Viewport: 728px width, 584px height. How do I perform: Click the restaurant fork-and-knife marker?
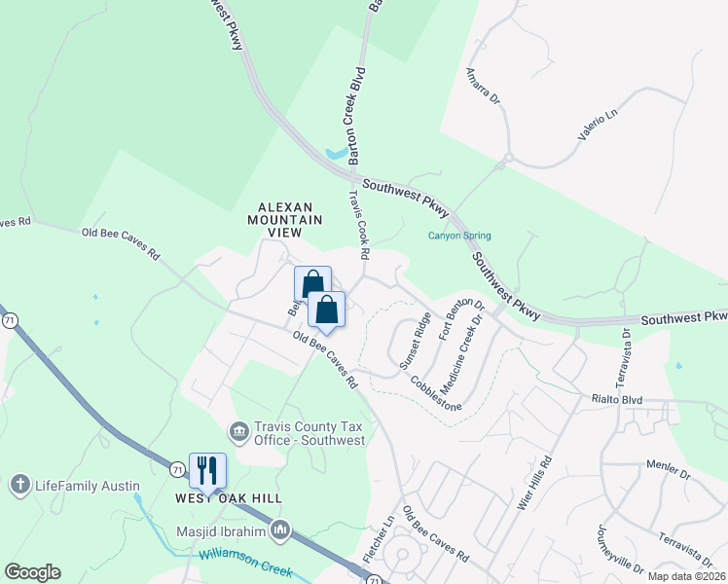(x=206, y=470)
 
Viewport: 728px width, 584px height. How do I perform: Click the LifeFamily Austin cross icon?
(x=19, y=485)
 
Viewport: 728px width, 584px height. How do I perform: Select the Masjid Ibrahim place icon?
(x=280, y=529)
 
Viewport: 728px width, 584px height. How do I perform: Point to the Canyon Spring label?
(x=459, y=236)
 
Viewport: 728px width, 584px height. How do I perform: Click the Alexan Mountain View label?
(x=290, y=220)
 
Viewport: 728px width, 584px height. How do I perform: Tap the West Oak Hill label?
(x=228, y=498)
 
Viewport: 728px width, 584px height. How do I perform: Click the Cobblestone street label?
(x=435, y=392)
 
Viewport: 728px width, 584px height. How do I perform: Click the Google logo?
(x=32, y=572)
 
